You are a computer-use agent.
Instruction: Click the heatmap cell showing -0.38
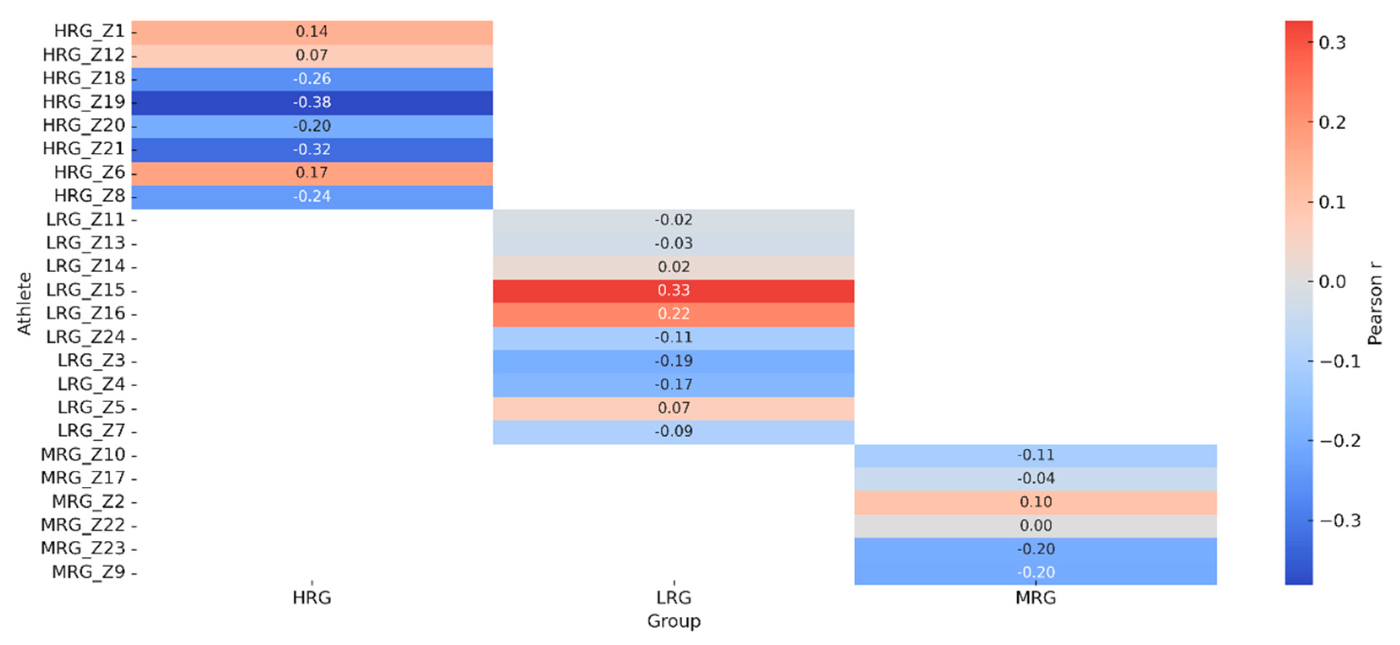[x=312, y=102]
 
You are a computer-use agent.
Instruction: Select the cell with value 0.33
[x=673, y=290]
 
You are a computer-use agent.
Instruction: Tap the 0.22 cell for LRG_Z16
[x=673, y=314]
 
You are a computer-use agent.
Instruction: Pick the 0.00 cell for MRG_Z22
[x=1035, y=526]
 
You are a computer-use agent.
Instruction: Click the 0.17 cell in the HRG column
[x=312, y=173]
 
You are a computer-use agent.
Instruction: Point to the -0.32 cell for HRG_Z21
[x=312, y=149]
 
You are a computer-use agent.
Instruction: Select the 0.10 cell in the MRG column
[x=1035, y=502]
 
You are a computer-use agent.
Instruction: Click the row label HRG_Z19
[x=84, y=102]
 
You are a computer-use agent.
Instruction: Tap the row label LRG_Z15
[x=86, y=290]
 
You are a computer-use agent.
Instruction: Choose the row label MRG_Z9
[x=89, y=572]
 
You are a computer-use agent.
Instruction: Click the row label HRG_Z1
[x=90, y=31]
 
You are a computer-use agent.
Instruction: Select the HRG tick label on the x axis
[x=312, y=598]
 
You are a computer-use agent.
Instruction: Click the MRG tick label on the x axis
[x=1035, y=598]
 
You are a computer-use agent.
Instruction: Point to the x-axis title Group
[x=673, y=621]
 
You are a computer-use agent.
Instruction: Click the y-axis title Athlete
[x=24, y=303]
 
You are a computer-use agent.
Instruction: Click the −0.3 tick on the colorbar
[x=1340, y=520]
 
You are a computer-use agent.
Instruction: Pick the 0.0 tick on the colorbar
[x=1332, y=282]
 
